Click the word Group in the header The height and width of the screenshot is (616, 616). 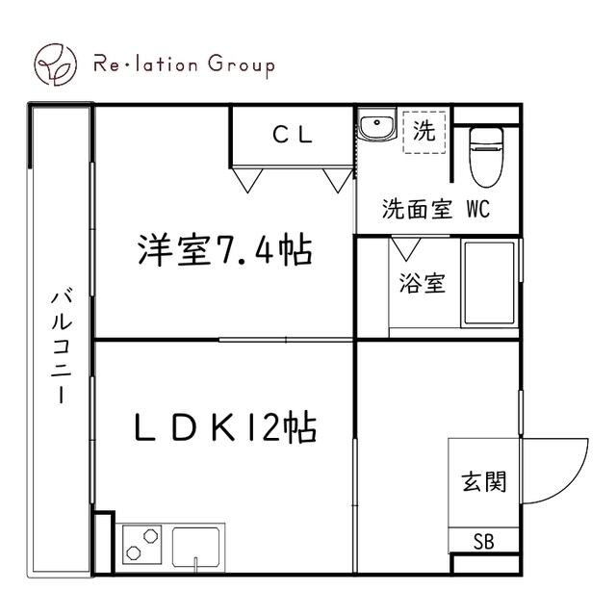pos(239,65)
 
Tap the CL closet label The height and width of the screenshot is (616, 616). pos(293,136)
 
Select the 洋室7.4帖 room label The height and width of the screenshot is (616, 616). pos(223,252)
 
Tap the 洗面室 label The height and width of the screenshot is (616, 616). pos(417,210)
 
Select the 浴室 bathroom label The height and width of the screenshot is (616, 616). pos(423,285)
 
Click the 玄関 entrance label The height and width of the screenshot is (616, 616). pos(482,481)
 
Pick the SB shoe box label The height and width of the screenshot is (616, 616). pos(483,541)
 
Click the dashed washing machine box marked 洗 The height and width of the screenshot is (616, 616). pos(423,132)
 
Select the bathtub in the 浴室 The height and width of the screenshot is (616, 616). pos(491,284)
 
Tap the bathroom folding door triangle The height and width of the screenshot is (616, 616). pos(405,247)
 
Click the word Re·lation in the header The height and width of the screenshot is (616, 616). pos(144,65)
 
